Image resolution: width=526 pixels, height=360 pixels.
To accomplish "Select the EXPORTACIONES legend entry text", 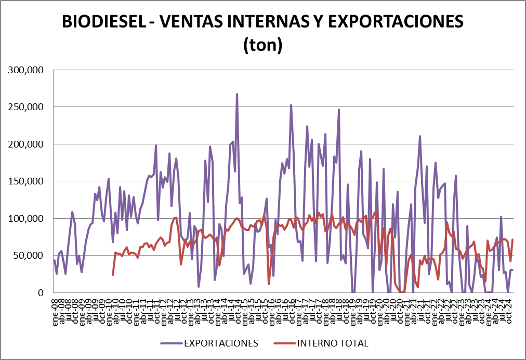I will click(220, 343).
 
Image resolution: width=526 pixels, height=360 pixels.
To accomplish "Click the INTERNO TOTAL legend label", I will click(333, 343).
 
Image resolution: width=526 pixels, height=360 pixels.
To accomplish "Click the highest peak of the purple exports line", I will click(237, 95).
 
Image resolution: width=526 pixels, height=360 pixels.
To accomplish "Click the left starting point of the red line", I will click(113, 274).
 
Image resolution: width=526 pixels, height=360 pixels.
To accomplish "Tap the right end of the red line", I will click(512, 239).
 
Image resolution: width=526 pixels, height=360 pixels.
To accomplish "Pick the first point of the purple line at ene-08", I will click(55, 260).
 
